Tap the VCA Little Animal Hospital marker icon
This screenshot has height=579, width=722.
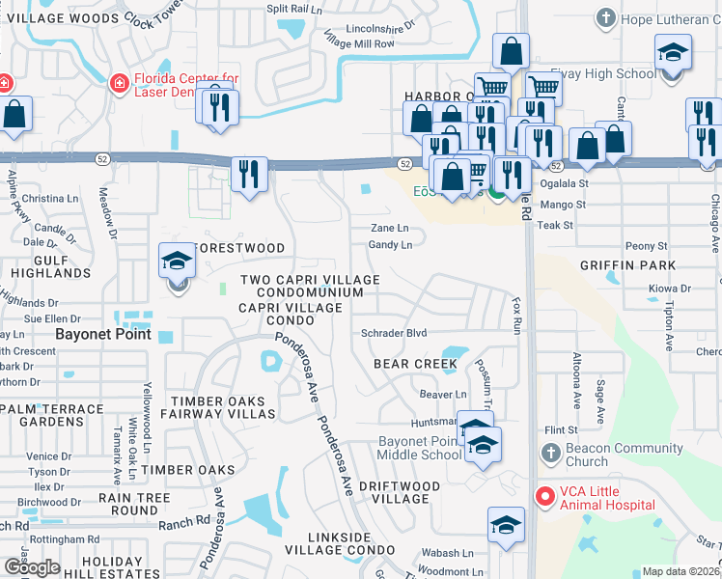point(544,496)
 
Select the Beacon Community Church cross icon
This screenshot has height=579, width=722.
point(550,453)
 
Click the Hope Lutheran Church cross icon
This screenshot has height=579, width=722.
point(605,16)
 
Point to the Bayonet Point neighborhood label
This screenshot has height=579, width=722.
point(102,335)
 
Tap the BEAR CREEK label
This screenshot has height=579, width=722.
point(415,364)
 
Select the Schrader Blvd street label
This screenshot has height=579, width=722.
point(393,333)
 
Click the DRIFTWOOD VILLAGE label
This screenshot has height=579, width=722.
point(406,492)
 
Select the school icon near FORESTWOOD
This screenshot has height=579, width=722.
point(177,262)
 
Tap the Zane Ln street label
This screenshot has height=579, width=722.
point(390,229)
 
